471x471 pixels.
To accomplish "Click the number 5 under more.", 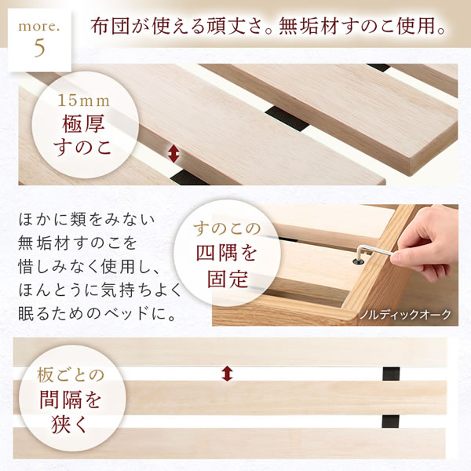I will coord(40,47).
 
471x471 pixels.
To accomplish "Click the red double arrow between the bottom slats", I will coord(228,374).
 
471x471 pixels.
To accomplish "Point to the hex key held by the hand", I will coord(366,254).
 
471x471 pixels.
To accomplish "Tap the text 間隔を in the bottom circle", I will coord(71,401).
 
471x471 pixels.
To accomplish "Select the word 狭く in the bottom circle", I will coord(71,428).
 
